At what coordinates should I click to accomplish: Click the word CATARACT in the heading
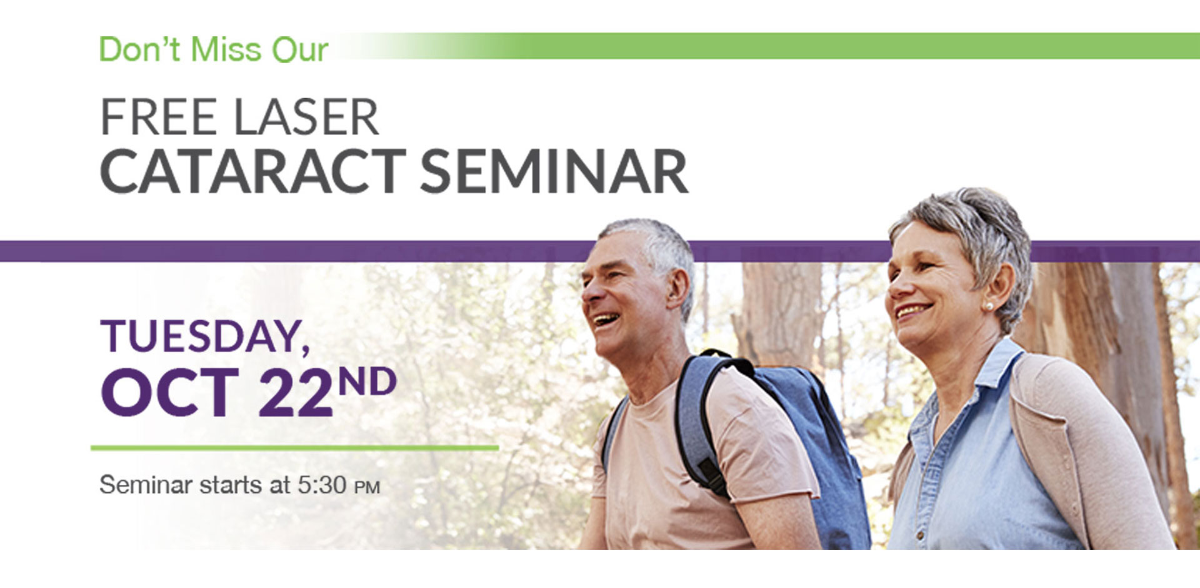253,171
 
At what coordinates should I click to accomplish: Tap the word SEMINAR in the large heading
554,171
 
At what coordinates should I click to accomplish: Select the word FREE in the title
159,118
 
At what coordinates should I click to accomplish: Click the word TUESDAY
205,337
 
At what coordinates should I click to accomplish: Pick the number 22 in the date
296,393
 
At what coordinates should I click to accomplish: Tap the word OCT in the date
170,393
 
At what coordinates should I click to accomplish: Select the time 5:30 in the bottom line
322,485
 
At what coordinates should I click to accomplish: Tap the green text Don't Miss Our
214,49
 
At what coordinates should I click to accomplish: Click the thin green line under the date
294,448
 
